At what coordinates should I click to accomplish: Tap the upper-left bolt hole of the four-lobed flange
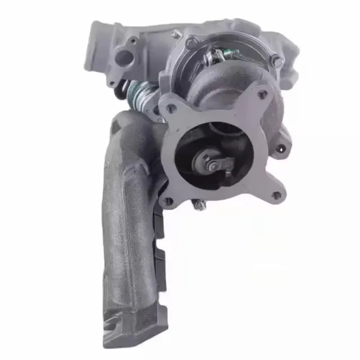(x=171, y=108)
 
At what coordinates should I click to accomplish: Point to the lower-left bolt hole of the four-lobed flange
(x=168, y=202)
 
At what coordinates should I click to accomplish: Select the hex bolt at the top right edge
(x=278, y=61)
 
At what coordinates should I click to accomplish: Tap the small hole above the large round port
(x=132, y=41)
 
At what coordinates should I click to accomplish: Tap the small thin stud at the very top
(x=174, y=32)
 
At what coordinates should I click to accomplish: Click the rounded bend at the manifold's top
(x=130, y=124)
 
